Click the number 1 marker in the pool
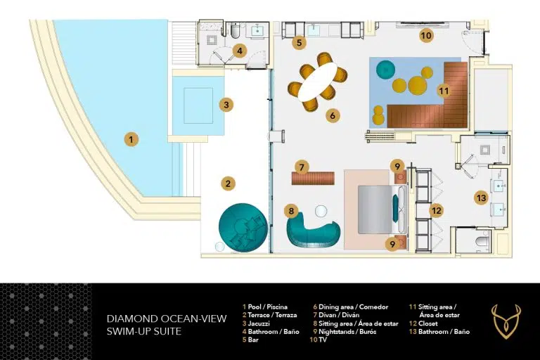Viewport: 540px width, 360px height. click(131, 139)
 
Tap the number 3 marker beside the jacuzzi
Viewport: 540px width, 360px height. click(226, 105)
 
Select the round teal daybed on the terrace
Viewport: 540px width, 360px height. click(243, 227)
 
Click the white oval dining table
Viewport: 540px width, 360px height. click(318, 82)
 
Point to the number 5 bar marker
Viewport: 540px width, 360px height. click(299, 43)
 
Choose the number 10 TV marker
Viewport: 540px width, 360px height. click(426, 35)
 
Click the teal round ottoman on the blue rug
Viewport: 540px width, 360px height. click(386, 70)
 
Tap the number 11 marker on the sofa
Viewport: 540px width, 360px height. click(444, 91)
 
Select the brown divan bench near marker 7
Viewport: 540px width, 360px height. click(313, 178)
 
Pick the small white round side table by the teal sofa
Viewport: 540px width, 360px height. click(321, 211)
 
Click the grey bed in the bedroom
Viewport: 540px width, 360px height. click(382, 210)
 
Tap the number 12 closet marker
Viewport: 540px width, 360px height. click(437, 210)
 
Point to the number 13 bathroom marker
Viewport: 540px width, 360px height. click(481, 198)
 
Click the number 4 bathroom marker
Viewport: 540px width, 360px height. click(239, 51)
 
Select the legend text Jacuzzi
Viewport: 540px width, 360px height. click(258, 323)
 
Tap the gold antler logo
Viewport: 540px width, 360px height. click(506, 321)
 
